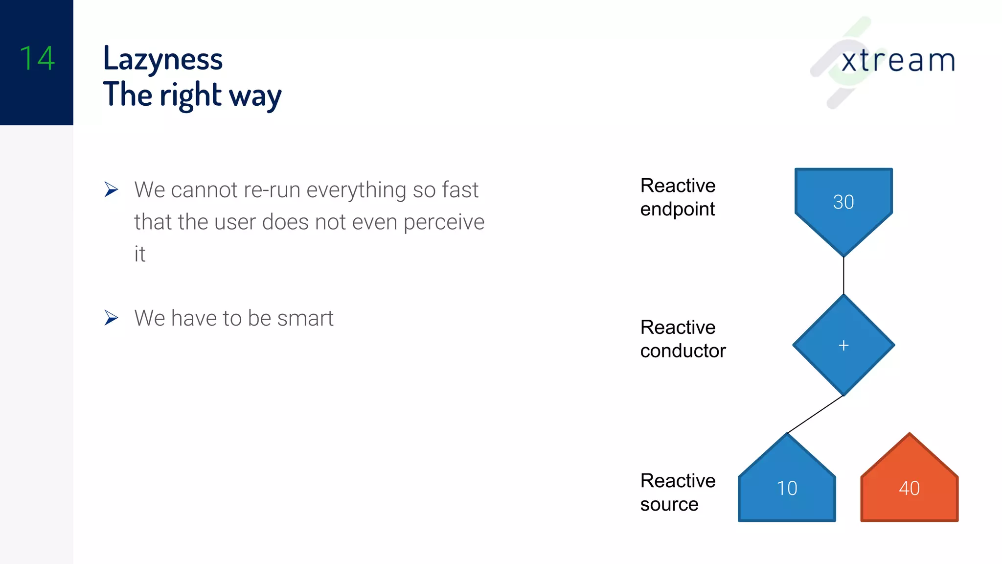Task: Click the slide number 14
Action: click(37, 58)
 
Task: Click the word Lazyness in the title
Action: click(163, 59)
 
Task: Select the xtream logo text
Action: click(898, 61)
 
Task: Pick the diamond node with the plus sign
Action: click(843, 345)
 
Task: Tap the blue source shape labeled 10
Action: click(787, 488)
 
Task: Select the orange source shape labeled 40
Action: click(909, 488)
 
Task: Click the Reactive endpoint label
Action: click(678, 197)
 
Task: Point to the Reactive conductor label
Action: click(683, 339)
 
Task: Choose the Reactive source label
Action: click(678, 492)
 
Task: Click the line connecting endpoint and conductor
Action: click(843, 275)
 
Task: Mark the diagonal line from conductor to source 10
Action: click(815, 415)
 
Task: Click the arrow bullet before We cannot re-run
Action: click(112, 189)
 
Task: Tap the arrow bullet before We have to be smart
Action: click(112, 318)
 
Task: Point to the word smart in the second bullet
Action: click(305, 318)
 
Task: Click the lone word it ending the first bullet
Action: click(140, 254)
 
